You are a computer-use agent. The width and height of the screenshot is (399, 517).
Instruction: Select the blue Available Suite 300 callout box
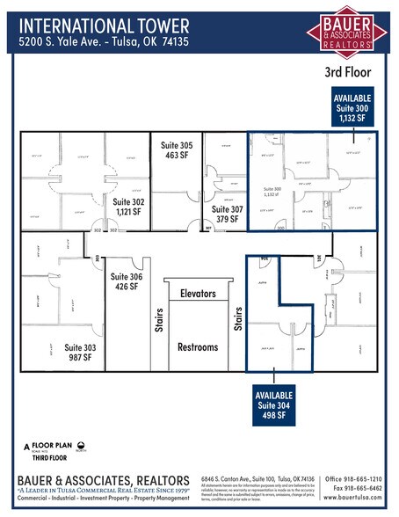(352, 110)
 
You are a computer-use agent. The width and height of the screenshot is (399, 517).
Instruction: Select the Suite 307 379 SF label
(227, 215)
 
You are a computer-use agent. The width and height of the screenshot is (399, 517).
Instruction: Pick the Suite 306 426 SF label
(127, 281)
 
